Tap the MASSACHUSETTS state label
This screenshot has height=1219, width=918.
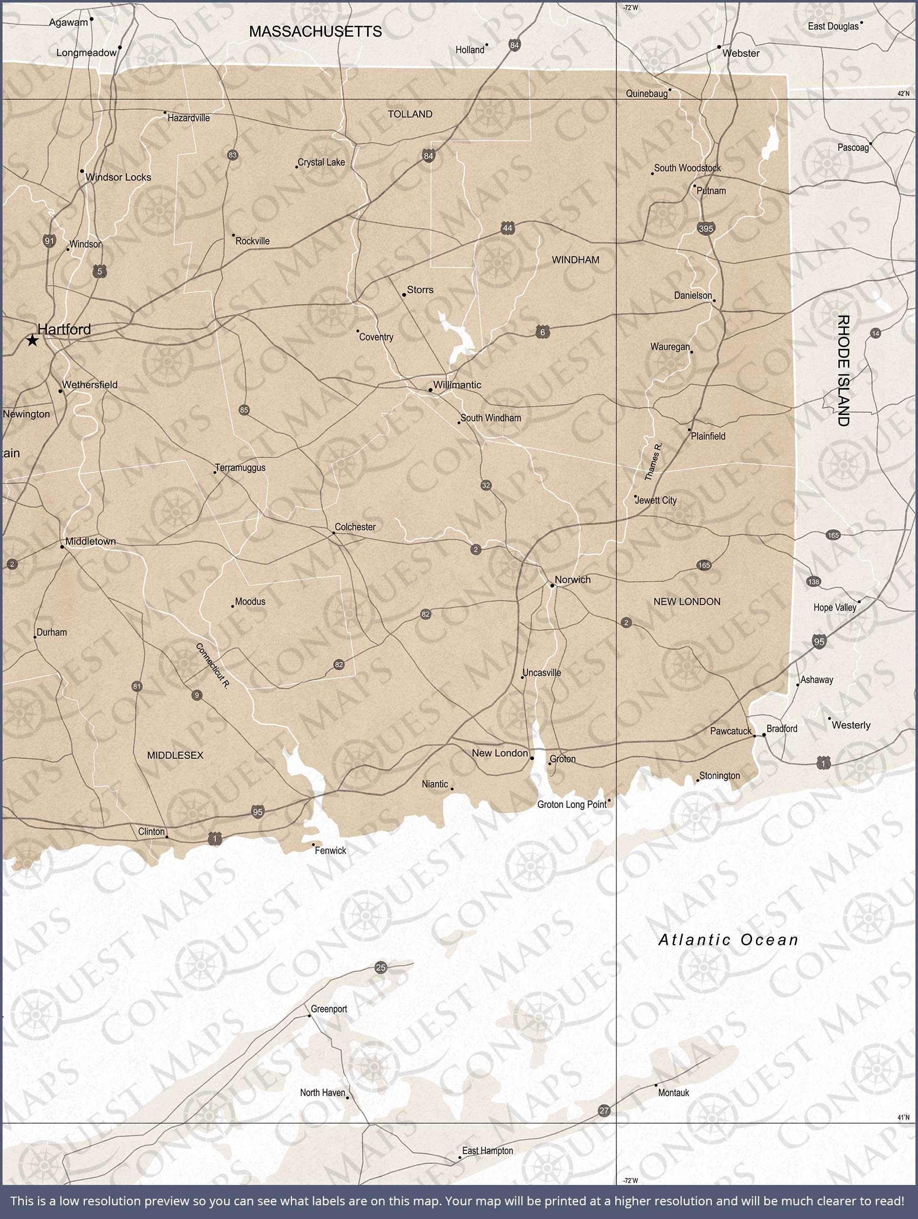(315, 31)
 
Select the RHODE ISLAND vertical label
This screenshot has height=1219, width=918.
(843, 370)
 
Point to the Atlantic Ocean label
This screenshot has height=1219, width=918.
(728, 940)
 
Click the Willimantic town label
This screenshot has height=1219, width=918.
(457, 384)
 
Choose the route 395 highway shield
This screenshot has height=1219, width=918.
(705, 228)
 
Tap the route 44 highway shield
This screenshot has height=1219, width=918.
(508, 228)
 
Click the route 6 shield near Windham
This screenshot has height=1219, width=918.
(543, 332)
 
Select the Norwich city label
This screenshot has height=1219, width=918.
(573, 579)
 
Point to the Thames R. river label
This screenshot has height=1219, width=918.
(653, 461)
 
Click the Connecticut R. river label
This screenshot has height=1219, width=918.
(213, 665)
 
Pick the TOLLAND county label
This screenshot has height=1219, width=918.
(410, 114)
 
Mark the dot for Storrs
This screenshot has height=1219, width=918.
(404, 295)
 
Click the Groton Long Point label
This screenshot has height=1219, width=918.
(571, 804)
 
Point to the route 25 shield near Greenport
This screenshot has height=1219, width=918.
(381, 967)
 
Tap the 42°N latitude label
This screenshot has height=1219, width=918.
(903, 93)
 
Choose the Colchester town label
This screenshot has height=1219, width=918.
(355, 527)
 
